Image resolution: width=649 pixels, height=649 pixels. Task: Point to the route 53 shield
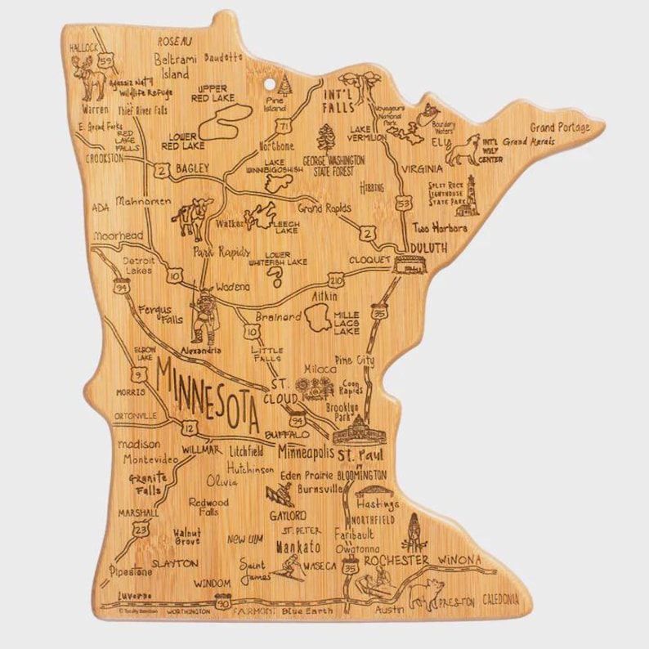(x=402, y=201)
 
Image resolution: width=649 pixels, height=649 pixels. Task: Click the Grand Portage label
(x=560, y=127)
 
